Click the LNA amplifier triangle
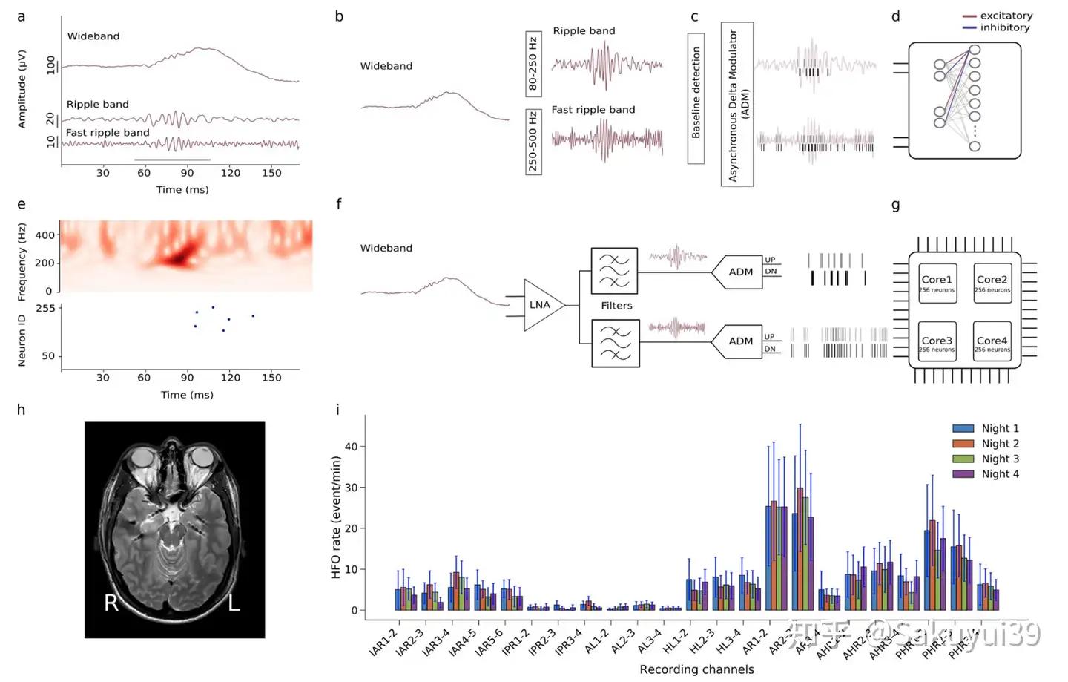(541, 305)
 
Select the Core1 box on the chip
(937, 283)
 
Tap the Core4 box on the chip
(992, 342)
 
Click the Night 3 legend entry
(986, 459)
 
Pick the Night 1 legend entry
(986, 428)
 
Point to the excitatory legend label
(1006, 16)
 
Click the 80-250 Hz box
(533, 64)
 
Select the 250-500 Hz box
(533, 142)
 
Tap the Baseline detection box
(696, 93)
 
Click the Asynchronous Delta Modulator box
(736, 104)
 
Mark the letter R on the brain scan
(111, 602)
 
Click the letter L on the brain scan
(234, 602)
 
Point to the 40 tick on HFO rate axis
(351, 447)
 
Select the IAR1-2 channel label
(384, 643)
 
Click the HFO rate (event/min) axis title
(336, 517)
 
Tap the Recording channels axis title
(696, 669)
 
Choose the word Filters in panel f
(616, 306)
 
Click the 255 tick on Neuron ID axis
(46, 308)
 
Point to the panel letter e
(21, 204)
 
